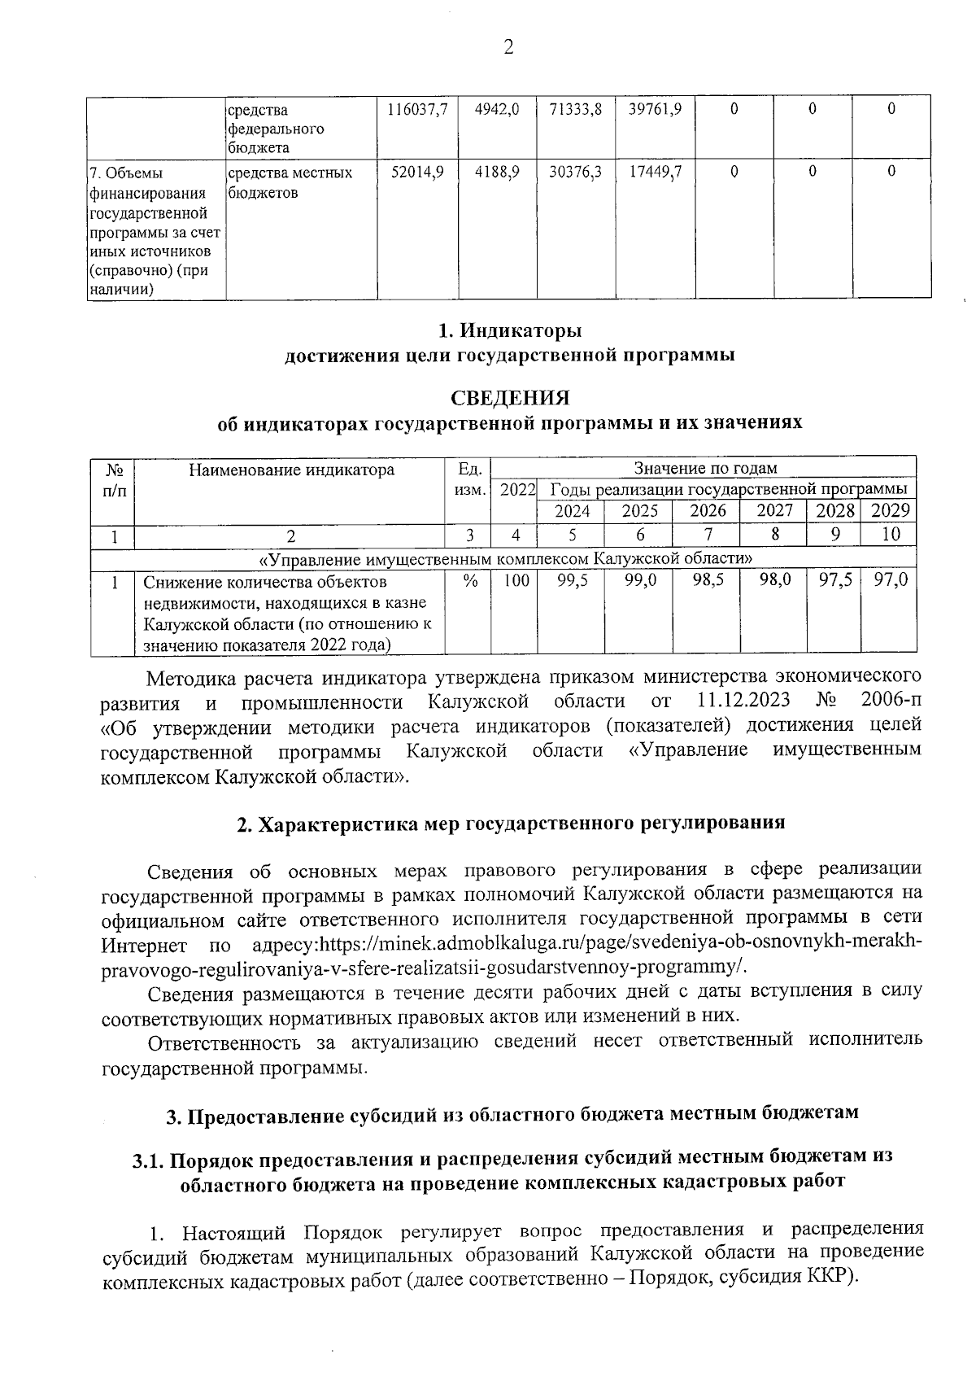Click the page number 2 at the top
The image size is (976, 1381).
point(508,48)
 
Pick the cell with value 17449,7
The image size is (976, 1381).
point(656,172)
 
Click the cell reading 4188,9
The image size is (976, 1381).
point(497,172)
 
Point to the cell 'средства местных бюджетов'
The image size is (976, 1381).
point(290,182)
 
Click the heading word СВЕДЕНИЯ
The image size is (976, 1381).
point(510,398)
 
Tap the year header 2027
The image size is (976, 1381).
point(773,512)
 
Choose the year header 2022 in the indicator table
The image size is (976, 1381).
point(517,490)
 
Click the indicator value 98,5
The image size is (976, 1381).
point(707,582)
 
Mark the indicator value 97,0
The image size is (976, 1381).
point(890,582)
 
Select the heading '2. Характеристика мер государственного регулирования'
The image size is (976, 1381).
point(510,823)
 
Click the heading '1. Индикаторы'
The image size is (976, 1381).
point(510,332)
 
